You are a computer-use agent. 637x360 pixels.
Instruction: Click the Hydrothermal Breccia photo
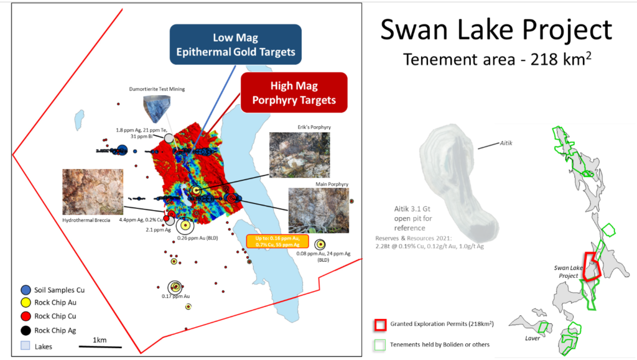[x=93, y=192]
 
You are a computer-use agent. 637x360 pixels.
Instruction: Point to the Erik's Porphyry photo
[x=295, y=155]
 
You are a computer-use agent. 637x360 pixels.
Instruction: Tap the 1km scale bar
[x=100, y=346]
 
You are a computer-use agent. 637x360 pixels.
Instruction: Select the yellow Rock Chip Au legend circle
[x=26, y=303]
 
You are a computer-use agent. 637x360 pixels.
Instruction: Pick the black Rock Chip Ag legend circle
[x=26, y=330]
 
